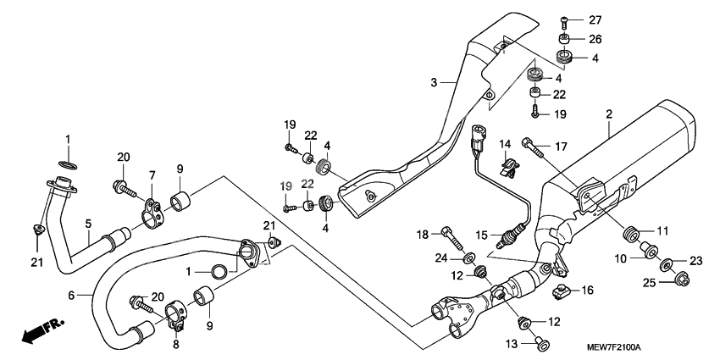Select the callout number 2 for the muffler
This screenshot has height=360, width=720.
pyautogui.click(x=608, y=113)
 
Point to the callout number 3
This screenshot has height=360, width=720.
pyautogui.click(x=433, y=82)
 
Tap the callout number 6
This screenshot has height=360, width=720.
pyautogui.click(x=71, y=295)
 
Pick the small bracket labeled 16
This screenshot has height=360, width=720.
pyautogui.click(x=558, y=292)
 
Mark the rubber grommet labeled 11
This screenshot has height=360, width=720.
pyautogui.click(x=630, y=234)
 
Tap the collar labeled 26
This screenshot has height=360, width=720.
pyautogui.click(x=563, y=39)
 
